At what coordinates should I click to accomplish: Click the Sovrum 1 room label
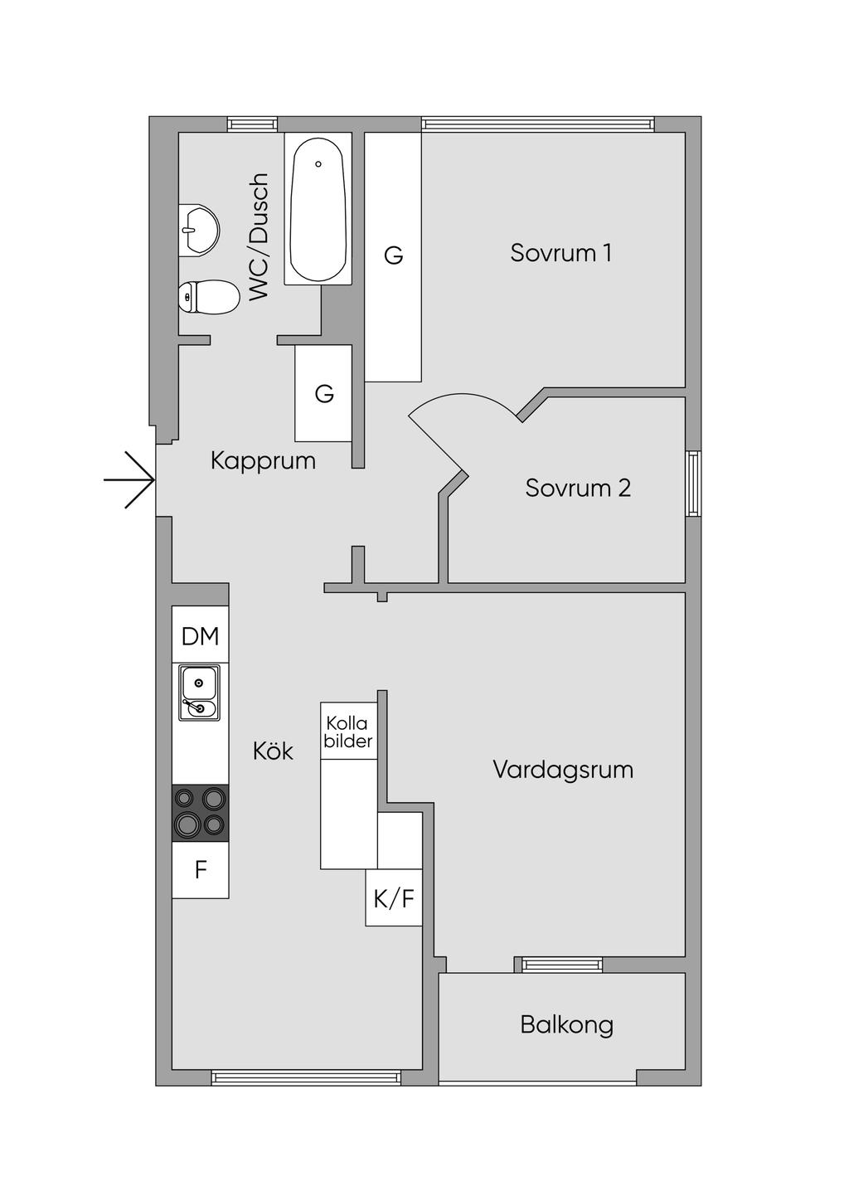tap(560, 252)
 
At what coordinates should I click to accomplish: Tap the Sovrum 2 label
tap(578, 488)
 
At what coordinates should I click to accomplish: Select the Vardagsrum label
tap(563, 770)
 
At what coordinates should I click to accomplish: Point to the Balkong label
tap(566, 1025)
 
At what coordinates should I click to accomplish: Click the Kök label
tap(273, 751)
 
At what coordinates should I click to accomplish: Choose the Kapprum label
tap(263, 460)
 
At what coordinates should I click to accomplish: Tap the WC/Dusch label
tap(259, 236)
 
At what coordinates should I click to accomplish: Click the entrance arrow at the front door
tap(129, 480)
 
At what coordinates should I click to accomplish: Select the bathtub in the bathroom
tap(318, 208)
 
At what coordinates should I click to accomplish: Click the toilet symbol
tap(209, 297)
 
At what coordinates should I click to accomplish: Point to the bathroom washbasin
tap(198, 231)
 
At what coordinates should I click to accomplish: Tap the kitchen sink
tap(200, 693)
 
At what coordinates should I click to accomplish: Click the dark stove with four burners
tap(201, 814)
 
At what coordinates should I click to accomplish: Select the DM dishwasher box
tap(201, 635)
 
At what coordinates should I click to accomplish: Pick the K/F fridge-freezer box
tap(394, 897)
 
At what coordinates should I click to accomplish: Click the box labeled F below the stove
tap(201, 870)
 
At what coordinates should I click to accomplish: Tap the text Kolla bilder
tap(348, 732)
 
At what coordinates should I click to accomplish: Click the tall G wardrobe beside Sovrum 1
tap(393, 257)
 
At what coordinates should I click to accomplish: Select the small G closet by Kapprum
tap(323, 393)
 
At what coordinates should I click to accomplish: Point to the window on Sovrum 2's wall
tap(694, 484)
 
